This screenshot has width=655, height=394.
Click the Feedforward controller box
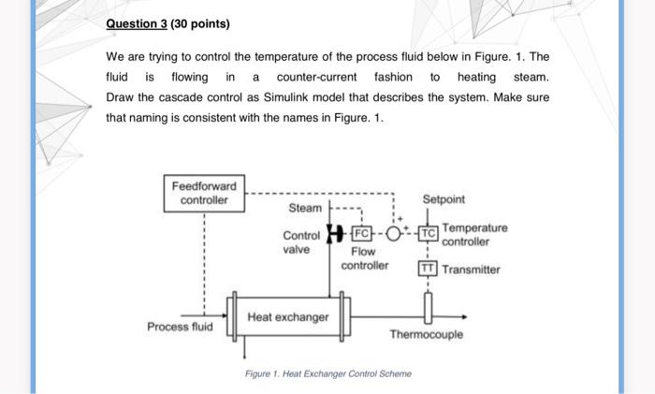tap(204, 193)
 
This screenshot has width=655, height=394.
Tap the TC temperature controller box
tap(428, 232)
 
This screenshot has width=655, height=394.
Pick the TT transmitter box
tap(427, 270)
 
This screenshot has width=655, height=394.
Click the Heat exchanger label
tap(287, 317)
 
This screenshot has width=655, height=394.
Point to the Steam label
tap(304, 207)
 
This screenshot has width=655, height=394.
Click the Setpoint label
tap(444, 199)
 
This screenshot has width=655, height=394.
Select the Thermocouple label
tap(426, 334)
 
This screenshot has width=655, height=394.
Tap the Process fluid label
tap(179, 327)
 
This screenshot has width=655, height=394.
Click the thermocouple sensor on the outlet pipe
tap(428, 306)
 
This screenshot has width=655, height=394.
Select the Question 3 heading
tap(167, 23)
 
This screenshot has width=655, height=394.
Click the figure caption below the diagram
tap(327, 373)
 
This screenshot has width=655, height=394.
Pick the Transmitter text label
tap(472, 270)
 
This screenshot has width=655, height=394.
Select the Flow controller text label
tap(364, 258)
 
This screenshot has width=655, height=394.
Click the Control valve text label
tap(300, 242)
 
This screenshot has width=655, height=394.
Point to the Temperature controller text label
tap(474, 234)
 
